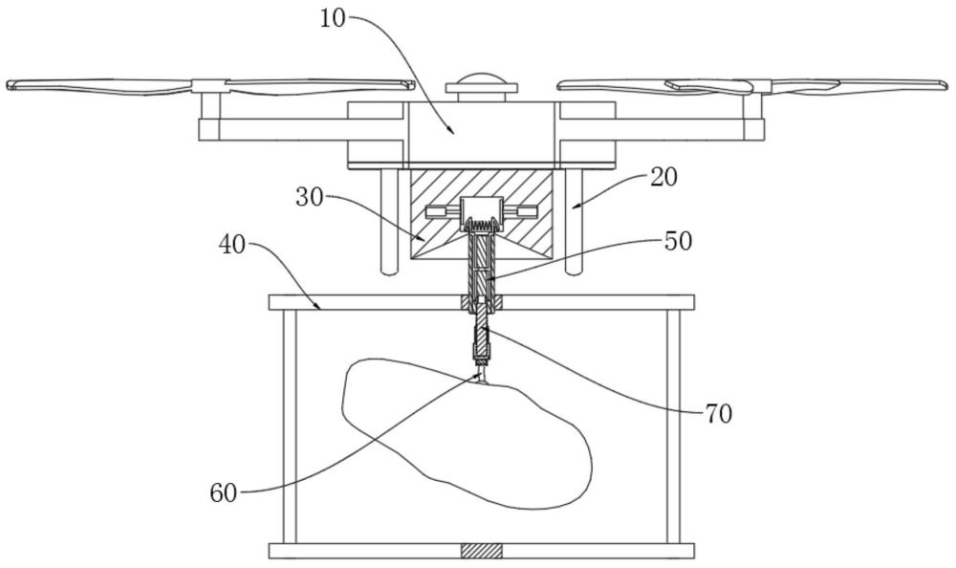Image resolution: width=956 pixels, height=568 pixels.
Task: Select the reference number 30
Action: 310,197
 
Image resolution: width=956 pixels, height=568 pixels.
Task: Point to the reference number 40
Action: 232,244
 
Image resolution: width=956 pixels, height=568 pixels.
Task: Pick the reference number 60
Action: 225,493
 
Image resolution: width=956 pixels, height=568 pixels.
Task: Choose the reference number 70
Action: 718,413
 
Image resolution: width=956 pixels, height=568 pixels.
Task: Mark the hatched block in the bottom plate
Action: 481,551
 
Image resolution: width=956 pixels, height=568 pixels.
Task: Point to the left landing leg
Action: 389,221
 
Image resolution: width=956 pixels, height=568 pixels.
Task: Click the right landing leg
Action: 574,221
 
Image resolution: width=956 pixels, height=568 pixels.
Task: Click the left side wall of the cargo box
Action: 288,426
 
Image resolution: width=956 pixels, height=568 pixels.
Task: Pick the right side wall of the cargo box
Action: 674,426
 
